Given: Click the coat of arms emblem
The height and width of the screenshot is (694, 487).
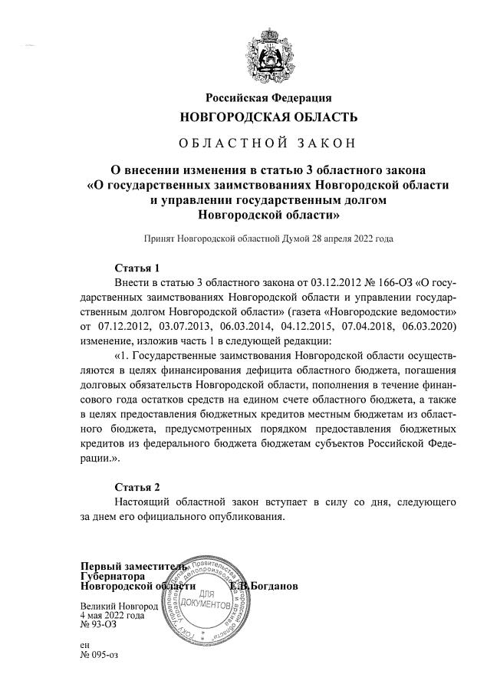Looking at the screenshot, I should (268, 54).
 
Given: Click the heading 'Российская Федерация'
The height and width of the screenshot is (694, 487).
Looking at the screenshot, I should (268, 97).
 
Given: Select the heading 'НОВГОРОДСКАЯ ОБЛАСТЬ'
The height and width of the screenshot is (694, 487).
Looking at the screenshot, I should (268, 117).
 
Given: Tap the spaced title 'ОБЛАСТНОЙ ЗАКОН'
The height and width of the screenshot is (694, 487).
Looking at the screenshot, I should (268, 143).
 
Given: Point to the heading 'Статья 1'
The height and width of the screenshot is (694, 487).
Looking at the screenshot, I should (137, 268).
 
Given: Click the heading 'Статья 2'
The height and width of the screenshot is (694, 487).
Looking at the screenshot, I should (137, 487).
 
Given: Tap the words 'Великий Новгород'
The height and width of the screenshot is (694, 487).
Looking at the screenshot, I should (119, 606).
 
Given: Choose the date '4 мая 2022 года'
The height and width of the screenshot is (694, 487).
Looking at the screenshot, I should (112, 615).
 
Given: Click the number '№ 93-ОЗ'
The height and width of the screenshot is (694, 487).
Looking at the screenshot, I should (97, 625).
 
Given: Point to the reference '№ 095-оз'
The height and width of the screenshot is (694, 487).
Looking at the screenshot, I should (100, 656).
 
